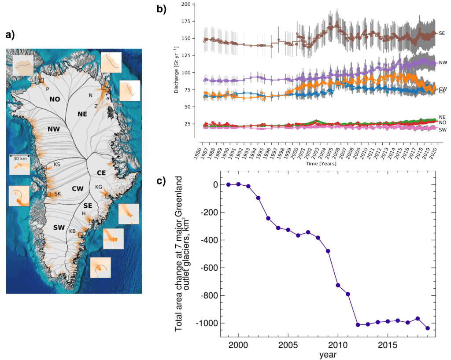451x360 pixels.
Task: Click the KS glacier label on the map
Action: click(57, 164)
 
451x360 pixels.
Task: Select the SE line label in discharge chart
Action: click(442, 33)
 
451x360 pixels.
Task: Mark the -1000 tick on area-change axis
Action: click(208, 323)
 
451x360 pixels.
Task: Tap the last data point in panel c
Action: click(428, 328)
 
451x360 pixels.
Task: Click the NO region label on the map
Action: click(55, 99)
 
